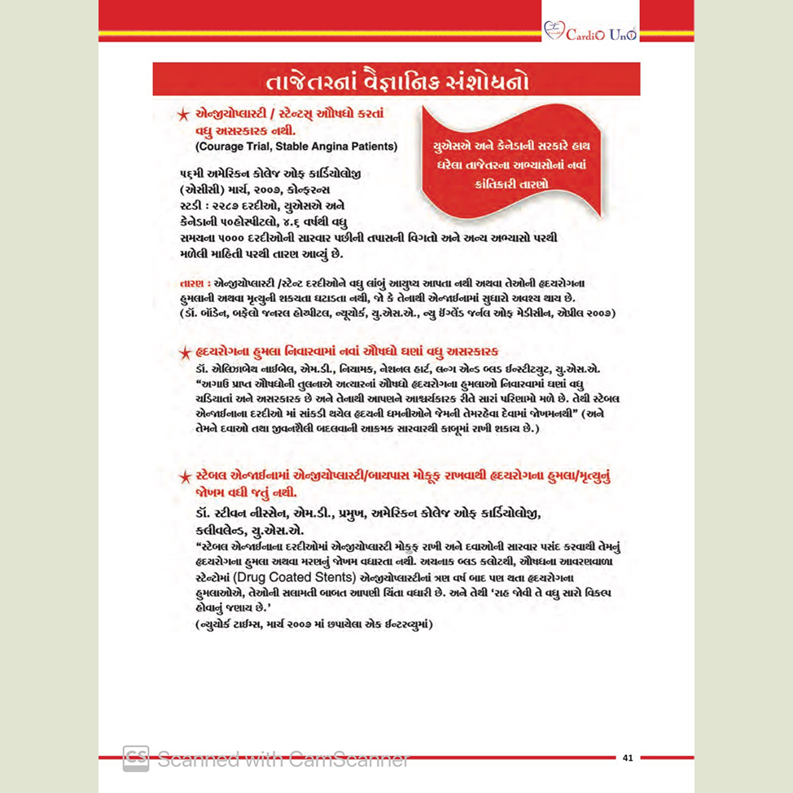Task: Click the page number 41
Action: coord(628,758)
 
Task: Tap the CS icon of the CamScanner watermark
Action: coord(135,758)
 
